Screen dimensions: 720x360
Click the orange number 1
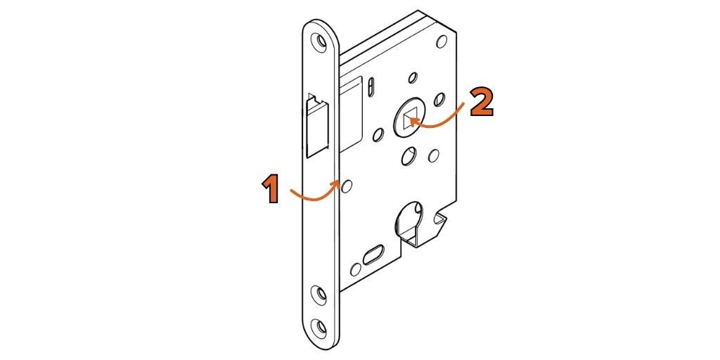tap(271, 190)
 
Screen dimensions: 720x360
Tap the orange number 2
tap(482, 103)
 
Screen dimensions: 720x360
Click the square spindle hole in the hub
tap(409, 120)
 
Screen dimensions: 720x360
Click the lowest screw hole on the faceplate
tap(319, 328)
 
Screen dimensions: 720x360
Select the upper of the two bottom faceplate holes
tap(319, 293)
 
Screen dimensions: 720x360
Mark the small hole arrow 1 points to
tap(347, 186)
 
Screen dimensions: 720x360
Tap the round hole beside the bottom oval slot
tap(356, 269)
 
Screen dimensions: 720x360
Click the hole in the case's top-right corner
tap(442, 41)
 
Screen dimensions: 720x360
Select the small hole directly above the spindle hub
tap(413, 78)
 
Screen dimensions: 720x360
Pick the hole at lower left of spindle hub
tap(378, 135)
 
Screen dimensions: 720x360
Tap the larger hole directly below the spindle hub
tap(408, 157)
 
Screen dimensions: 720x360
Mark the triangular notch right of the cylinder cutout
tap(440, 221)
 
